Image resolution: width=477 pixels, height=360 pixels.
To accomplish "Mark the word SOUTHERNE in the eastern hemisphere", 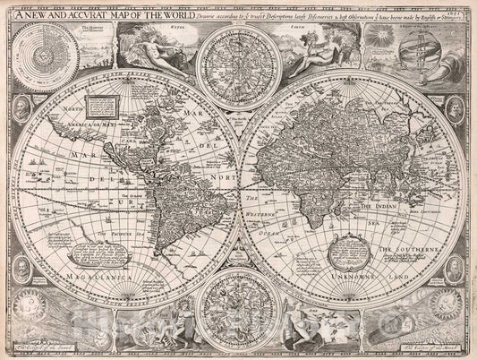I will click(415, 251).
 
